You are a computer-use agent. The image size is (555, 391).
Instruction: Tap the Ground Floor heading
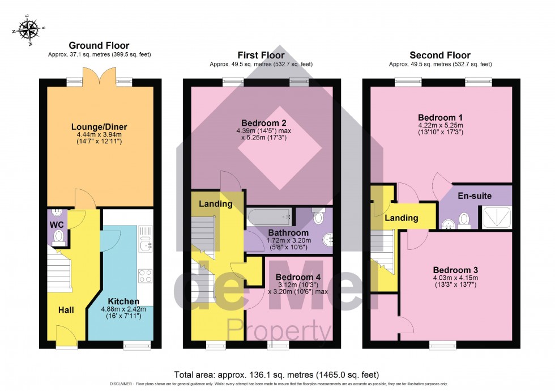click(99, 45)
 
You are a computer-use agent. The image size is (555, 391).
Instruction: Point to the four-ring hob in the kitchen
click(145, 276)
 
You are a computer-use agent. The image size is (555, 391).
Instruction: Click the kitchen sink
click(145, 244)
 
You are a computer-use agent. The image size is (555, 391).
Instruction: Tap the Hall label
click(66, 310)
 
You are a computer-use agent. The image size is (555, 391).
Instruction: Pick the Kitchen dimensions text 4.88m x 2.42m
click(123, 309)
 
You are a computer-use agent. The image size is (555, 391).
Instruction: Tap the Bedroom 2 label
click(263, 123)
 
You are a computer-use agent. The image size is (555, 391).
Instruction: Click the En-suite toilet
click(464, 218)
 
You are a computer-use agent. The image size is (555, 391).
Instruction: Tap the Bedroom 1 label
click(440, 117)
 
